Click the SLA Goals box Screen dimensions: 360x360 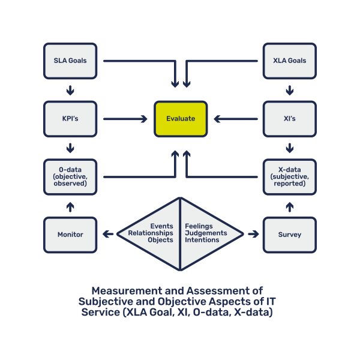coord(70,61)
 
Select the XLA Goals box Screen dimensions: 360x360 coord(289,61)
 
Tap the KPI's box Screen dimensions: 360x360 coord(70,119)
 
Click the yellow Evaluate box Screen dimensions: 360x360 coord(180,119)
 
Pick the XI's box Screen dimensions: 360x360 coord(289,119)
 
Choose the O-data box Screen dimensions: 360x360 coord(70,176)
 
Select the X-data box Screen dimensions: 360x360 coord(289,176)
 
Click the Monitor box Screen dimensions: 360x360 coord(70,235)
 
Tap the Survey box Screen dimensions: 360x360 coord(289,235)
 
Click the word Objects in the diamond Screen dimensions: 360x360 coord(160,240)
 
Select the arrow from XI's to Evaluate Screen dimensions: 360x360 coord(235,119)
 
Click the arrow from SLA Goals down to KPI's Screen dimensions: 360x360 coord(70,90)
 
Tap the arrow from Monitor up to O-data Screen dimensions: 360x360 coord(70,206)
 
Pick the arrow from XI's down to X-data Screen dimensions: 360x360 coord(289,148)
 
